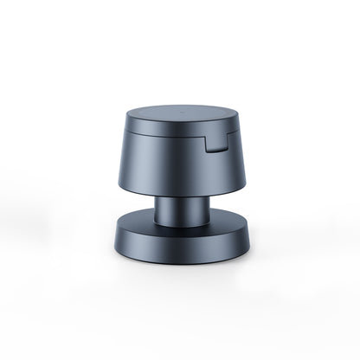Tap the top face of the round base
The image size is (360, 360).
[138, 224]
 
